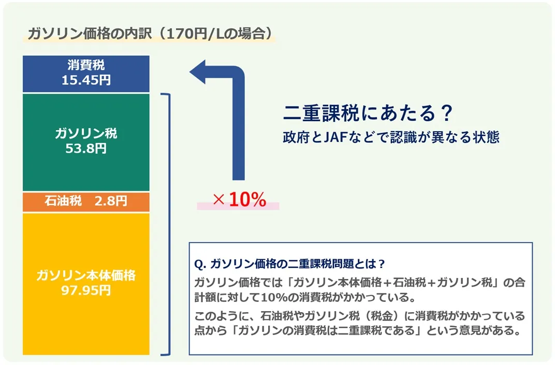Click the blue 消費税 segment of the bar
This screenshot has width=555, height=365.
tap(86, 74)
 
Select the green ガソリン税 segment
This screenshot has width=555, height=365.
tap(86, 142)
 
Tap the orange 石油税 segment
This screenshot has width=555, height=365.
tap(86, 202)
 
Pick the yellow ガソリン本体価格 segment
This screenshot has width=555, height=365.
tap(86, 284)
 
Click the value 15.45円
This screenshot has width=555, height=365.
tap(86, 80)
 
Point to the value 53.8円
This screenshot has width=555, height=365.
tap(86, 148)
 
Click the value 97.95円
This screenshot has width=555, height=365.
tap(86, 290)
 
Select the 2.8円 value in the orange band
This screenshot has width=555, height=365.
tap(111, 201)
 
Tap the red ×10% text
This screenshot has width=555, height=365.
tap(240, 200)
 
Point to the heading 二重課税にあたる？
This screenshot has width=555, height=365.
tap(368, 113)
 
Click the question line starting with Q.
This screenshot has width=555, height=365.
tap(289, 264)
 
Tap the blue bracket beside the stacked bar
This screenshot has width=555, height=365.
tap(167, 224)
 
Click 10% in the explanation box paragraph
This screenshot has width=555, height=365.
tap(274, 297)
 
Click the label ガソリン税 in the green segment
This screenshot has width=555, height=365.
tap(86, 133)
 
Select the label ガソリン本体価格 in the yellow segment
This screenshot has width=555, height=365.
tap(86, 275)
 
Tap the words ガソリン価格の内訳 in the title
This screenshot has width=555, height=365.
tap(90, 34)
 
